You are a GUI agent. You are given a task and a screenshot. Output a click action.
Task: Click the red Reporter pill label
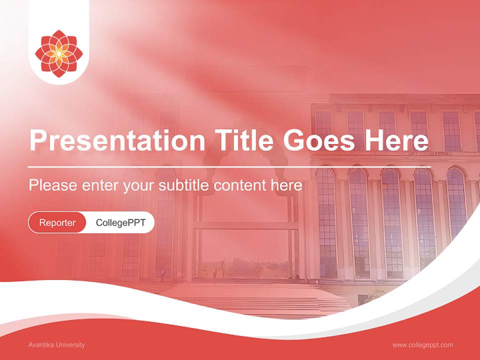(x=57, y=222)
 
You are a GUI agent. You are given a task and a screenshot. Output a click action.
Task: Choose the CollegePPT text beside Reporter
(x=120, y=222)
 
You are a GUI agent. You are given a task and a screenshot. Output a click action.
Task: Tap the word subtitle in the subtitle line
(x=184, y=185)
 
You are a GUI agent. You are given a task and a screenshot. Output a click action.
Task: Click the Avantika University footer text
(x=56, y=344)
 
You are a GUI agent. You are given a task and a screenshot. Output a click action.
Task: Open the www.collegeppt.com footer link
(x=422, y=344)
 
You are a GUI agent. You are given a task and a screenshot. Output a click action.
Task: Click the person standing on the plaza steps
(x=215, y=275)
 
